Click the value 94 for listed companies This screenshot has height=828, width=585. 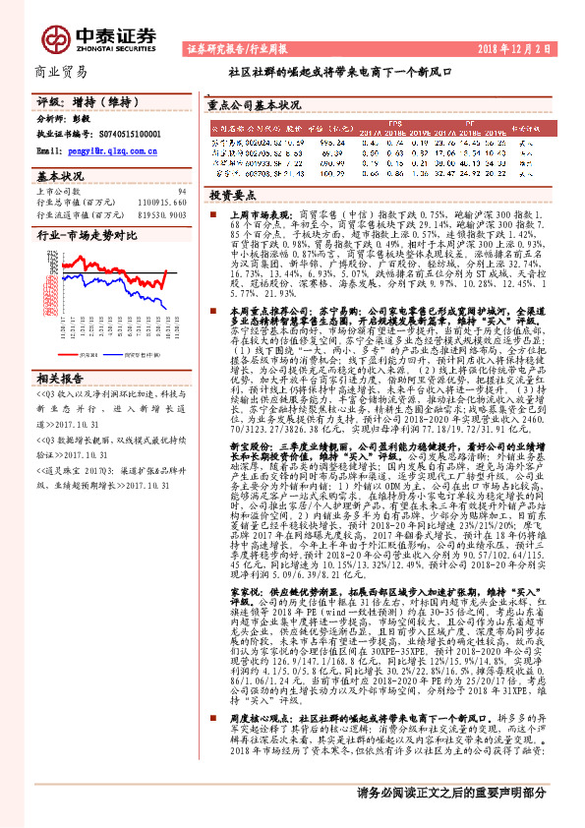tap(181, 192)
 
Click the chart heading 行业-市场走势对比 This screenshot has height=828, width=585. tap(85, 236)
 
